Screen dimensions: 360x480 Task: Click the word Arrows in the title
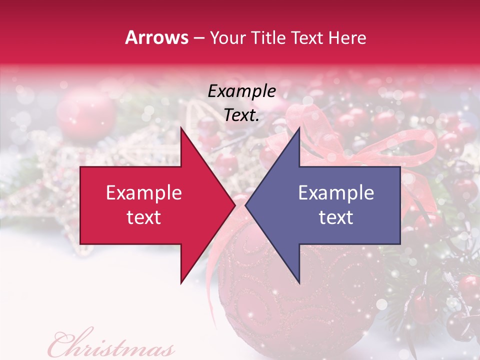156,37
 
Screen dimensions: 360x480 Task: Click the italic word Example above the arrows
241,91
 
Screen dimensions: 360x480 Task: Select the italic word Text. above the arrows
241,115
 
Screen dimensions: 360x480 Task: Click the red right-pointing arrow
150,205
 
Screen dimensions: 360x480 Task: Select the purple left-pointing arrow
330,205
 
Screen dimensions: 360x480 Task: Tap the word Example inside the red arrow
143,193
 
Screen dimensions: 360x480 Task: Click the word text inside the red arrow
143,217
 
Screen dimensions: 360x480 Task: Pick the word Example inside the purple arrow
336,193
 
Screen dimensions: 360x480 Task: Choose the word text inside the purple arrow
336,217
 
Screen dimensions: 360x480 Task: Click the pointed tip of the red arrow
233,205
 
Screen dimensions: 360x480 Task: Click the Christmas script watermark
111,345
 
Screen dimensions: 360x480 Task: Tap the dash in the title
198,38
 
